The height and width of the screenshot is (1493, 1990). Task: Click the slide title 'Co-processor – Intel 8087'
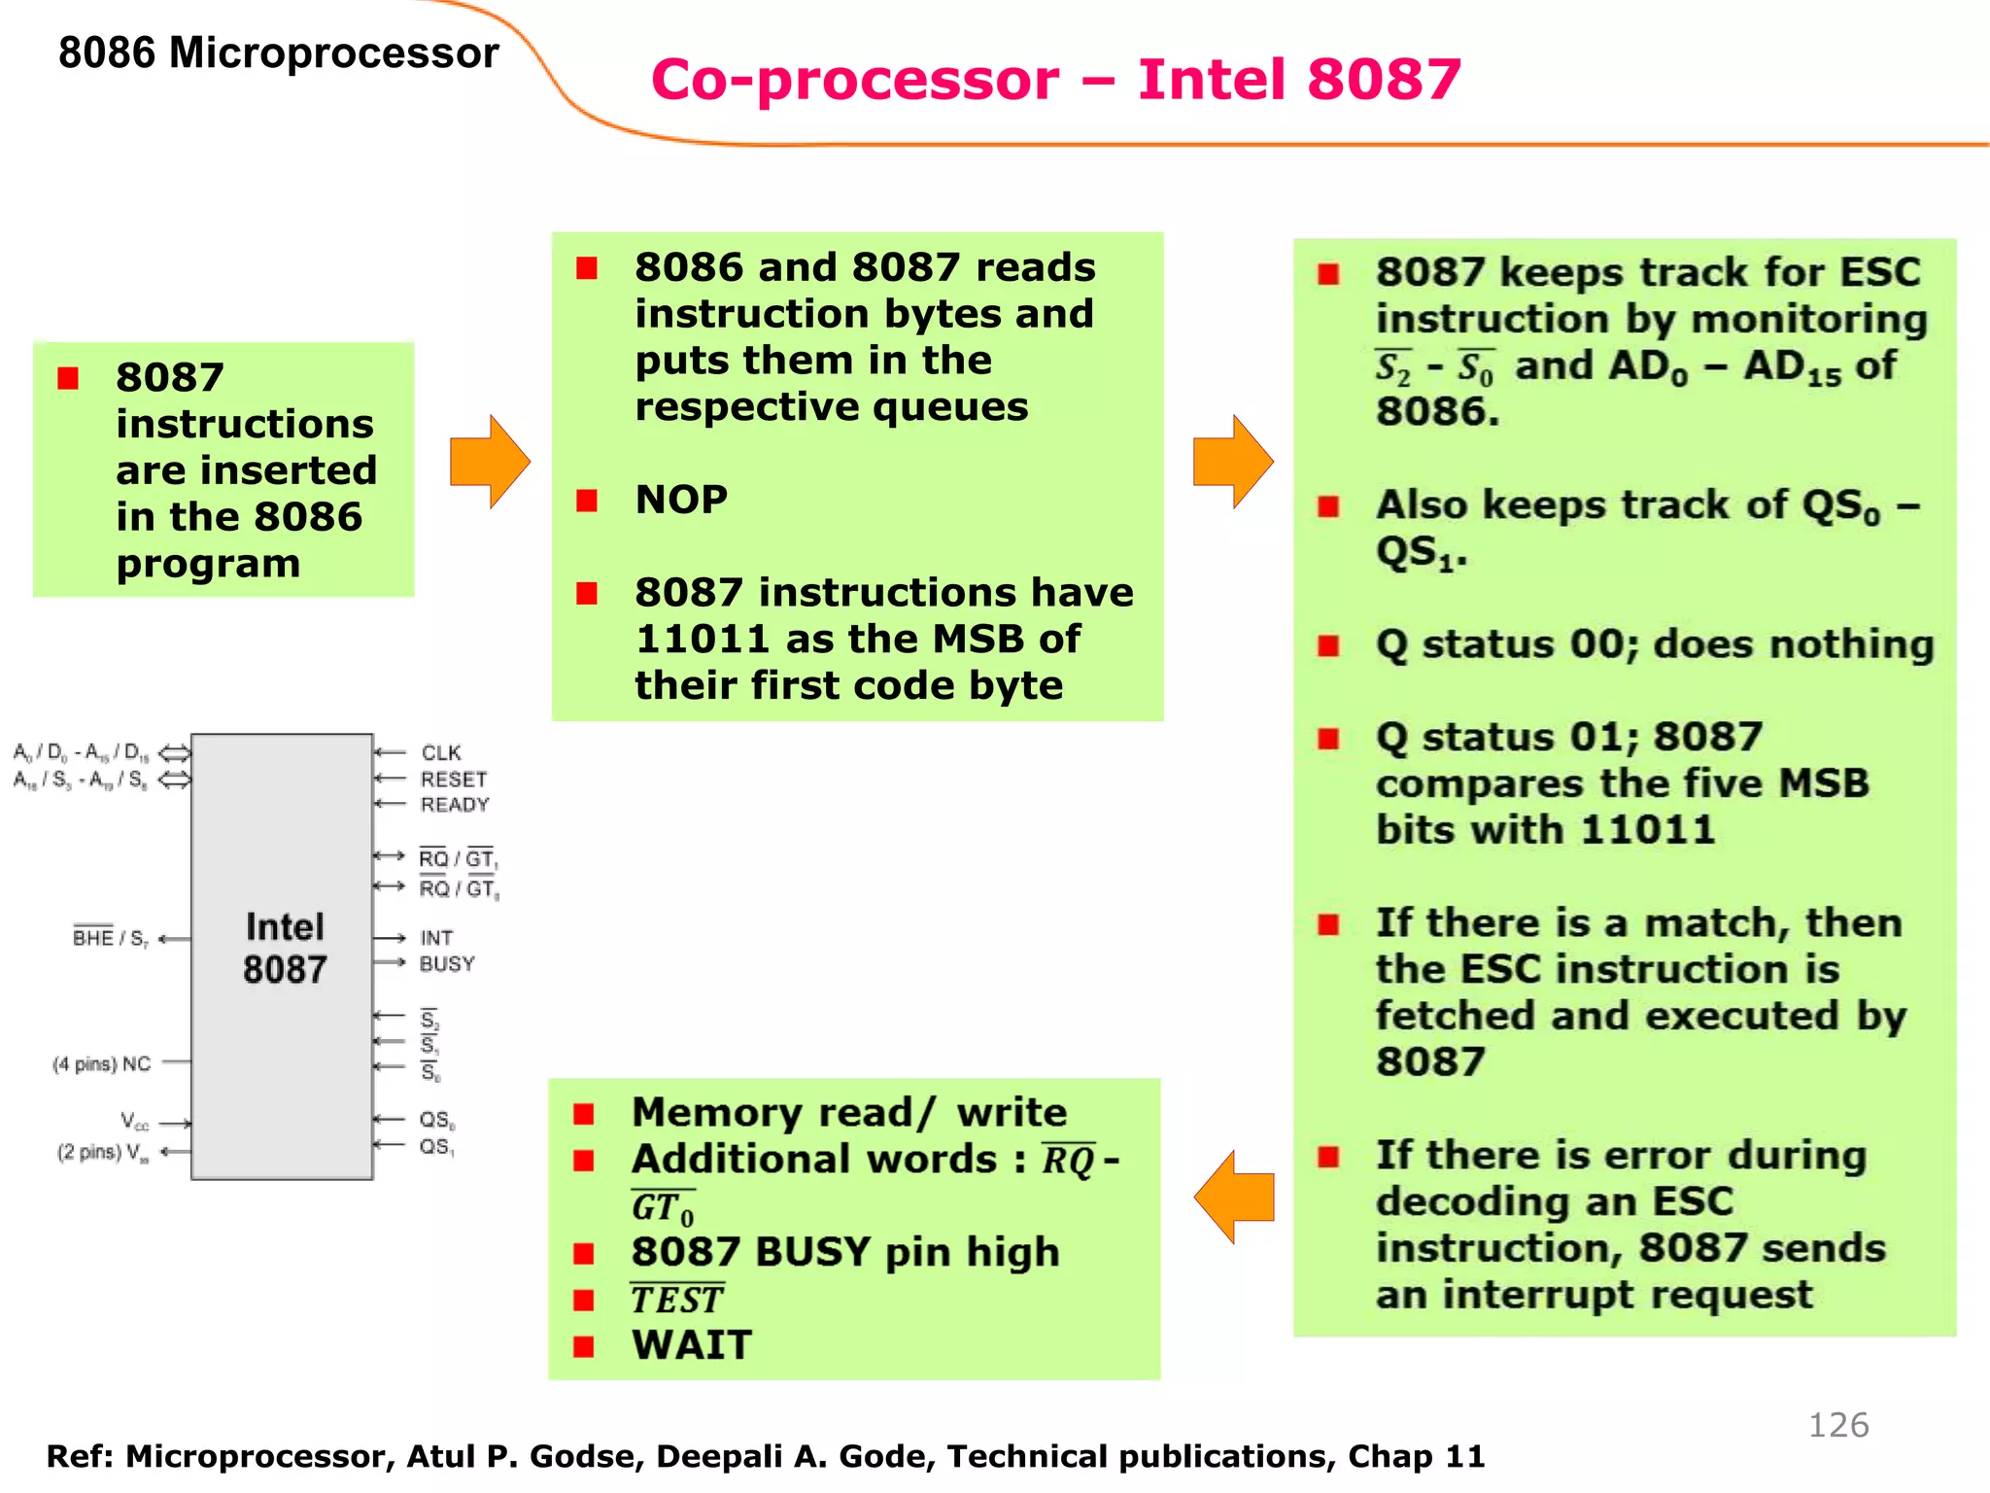pos(1055,80)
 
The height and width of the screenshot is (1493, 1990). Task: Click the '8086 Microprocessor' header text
pos(278,52)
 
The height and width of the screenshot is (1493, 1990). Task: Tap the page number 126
pos(1837,1425)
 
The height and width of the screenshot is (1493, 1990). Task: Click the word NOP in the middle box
pos(681,500)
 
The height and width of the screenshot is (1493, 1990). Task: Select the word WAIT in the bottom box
pos(692,1345)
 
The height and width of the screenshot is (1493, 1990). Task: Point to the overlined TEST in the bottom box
pos(677,1301)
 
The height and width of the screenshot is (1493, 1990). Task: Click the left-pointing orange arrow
pos(1233,1197)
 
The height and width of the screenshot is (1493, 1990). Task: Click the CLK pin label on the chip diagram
pos(441,753)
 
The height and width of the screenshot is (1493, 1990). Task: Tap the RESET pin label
pos(453,780)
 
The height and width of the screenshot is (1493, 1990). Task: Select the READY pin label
pos(455,805)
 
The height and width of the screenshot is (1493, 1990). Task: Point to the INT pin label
pos(436,938)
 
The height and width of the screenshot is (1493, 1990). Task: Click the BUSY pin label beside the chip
pos(447,964)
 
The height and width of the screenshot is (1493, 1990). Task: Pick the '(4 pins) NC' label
pos(102,1064)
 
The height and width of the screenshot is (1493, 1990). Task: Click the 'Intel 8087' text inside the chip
pos(284,948)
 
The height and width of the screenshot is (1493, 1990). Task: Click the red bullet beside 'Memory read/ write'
pos(584,1114)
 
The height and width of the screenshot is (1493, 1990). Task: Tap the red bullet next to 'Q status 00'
pos(1328,645)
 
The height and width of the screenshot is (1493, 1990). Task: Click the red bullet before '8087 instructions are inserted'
pos(68,378)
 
